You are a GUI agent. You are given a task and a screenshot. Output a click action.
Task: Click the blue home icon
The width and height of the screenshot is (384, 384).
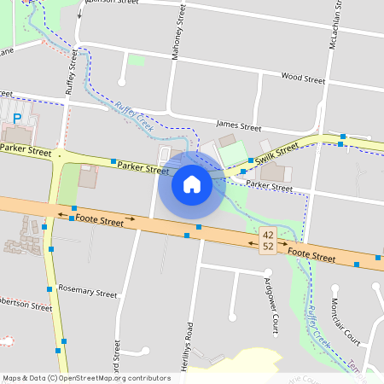click(x=192, y=184)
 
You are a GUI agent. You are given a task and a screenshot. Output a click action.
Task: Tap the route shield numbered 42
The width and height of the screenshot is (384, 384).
click(x=269, y=235)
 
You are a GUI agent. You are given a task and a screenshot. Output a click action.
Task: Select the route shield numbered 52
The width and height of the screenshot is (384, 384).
click(x=269, y=246)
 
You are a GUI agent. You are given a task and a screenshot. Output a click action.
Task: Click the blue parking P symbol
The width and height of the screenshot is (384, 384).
click(x=17, y=119)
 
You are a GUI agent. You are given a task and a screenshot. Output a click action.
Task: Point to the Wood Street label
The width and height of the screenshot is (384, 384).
click(x=303, y=79)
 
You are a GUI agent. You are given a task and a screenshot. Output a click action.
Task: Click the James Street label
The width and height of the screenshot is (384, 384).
click(x=238, y=126)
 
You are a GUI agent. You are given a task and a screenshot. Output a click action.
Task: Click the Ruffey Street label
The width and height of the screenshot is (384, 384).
click(x=70, y=73)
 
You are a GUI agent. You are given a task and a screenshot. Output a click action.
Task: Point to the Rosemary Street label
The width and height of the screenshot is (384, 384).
click(x=88, y=293)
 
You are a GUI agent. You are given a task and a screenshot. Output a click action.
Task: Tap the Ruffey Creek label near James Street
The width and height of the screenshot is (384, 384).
click(x=133, y=115)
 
